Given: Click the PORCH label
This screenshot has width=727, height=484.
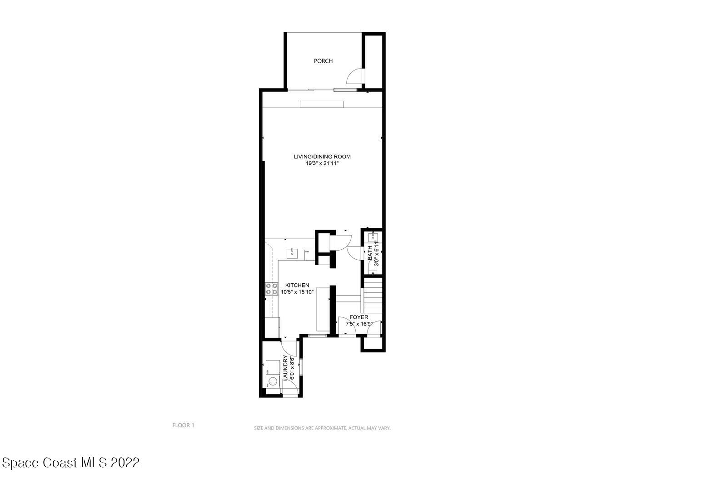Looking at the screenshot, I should pos(323,61).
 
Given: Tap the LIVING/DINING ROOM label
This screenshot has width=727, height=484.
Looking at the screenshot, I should pos(322,157).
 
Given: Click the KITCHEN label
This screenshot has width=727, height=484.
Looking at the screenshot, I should pos(297,285).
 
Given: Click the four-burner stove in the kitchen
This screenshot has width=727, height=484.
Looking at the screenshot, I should pos(272,289).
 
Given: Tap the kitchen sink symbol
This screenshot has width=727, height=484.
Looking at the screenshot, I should pos(292,253).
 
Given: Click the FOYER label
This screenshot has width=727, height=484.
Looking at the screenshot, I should pos(359,317).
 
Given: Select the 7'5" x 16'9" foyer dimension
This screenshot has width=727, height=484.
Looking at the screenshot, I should pos(359,324).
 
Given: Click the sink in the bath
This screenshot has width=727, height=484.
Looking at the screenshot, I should pos(373,237).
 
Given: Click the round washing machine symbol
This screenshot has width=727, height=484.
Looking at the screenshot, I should pos(273,381).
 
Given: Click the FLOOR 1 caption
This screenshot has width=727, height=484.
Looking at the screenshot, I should pos(183,425).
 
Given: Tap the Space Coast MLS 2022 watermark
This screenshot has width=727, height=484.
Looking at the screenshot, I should pos(70,463).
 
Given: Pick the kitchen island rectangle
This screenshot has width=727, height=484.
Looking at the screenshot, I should pos(323,309).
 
